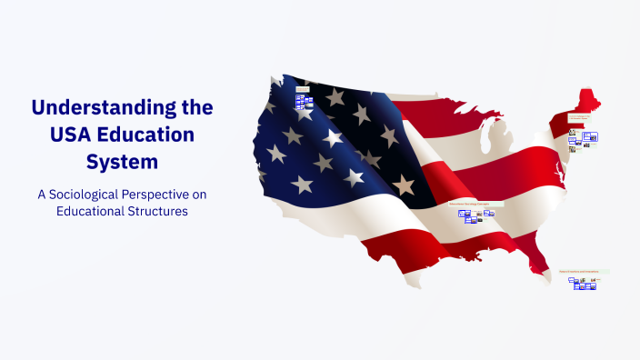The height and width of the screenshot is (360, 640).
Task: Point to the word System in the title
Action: (x=122, y=163)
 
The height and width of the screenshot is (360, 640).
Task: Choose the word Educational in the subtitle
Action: (x=86, y=212)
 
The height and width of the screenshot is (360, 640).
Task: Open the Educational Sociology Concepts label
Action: (x=475, y=204)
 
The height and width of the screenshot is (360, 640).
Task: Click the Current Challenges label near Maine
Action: (x=580, y=117)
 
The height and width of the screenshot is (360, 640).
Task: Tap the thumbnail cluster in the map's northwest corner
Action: (x=304, y=100)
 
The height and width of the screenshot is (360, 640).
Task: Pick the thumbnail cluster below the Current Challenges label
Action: (x=583, y=139)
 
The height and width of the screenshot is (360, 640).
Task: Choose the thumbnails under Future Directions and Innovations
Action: (x=582, y=284)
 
